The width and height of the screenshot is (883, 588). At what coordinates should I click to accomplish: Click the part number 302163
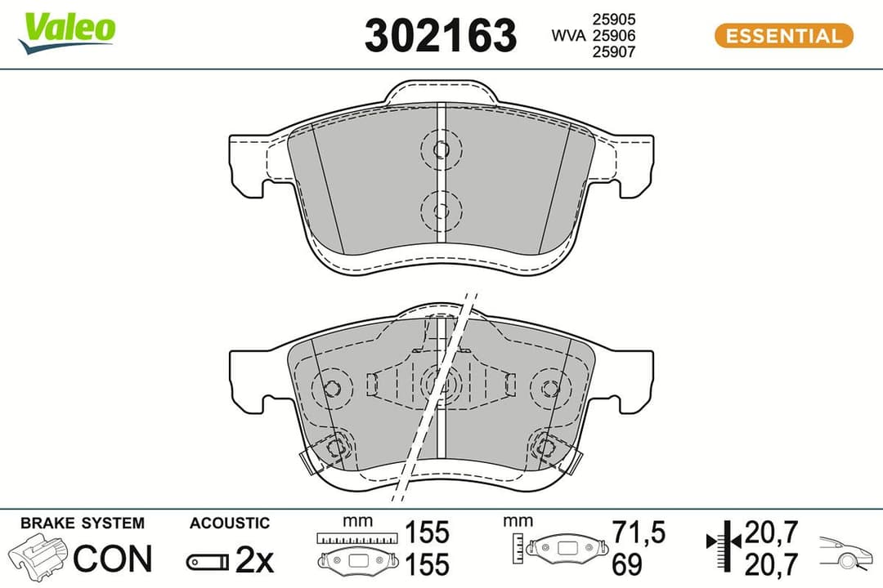pos(440,36)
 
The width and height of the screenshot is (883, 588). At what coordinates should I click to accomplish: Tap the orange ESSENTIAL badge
pos(783,36)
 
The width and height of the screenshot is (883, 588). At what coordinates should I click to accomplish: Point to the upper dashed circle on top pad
pos(441,149)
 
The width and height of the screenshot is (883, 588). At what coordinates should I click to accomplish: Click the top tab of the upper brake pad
pos(441,91)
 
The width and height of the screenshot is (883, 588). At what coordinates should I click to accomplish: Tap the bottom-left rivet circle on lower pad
pos(334,446)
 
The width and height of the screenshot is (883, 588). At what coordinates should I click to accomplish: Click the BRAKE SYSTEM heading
pos(82,523)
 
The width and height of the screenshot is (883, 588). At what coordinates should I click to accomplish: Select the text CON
pos(113,559)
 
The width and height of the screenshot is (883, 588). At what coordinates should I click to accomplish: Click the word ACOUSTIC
pos(229,523)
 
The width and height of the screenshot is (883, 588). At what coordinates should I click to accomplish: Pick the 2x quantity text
pos(254,560)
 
